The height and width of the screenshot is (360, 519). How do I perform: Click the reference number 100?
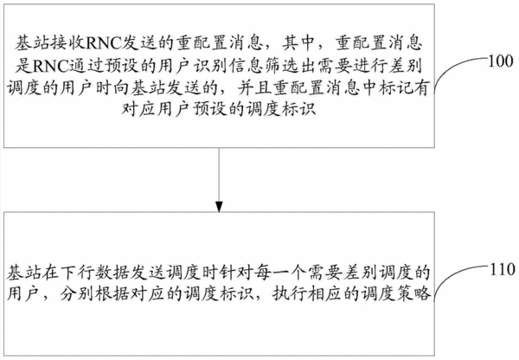(502, 61)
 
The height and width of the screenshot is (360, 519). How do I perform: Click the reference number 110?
(503, 269)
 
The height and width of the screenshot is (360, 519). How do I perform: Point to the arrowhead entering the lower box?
(219, 206)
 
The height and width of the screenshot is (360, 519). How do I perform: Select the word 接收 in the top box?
(68, 43)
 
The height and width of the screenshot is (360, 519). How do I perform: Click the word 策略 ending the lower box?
(413, 294)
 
